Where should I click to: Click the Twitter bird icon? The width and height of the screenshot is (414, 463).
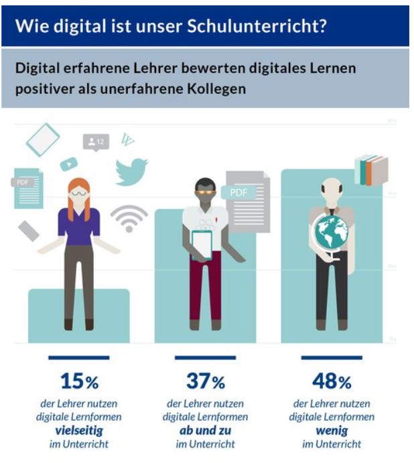pos(131,171)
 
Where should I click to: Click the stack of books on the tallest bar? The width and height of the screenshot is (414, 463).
pos(372,170)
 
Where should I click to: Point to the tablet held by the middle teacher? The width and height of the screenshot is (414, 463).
pos(202,244)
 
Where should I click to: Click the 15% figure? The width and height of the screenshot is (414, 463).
pos(79,382)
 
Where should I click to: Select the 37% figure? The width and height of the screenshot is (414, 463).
pos(205,382)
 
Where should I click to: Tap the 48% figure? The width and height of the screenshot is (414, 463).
pos(331,382)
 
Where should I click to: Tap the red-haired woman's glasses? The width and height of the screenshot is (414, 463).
pos(78,192)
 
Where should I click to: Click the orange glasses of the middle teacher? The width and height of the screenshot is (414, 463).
pos(204,191)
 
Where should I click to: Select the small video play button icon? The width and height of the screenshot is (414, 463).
pos(69,163)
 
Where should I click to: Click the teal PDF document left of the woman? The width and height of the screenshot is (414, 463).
pos(28,190)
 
